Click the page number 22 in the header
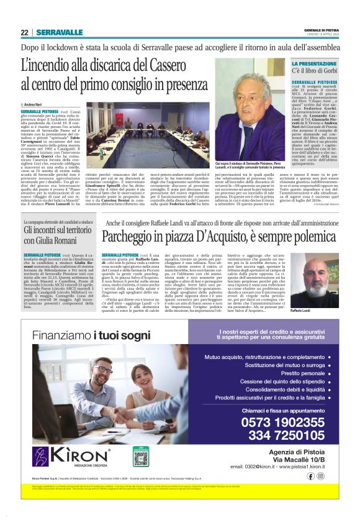pos(24,32)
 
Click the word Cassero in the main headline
pos(176,64)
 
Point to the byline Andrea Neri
pos(37,105)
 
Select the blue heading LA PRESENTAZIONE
pos(315,64)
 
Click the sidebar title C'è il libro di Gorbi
pos(317,73)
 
